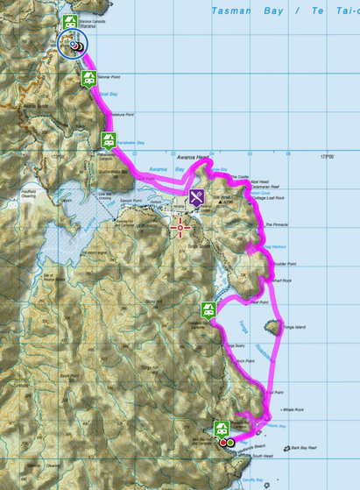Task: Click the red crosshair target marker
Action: coord(181,228)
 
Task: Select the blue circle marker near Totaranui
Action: coord(73,45)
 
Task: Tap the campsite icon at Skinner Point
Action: coord(88,80)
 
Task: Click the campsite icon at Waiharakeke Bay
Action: coord(109,139)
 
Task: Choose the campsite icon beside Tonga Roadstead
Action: coord(208,309)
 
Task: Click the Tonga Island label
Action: coord(294,327)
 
